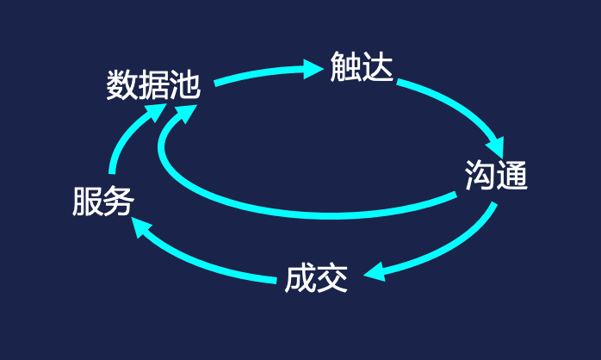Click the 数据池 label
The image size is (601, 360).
coord(153,85)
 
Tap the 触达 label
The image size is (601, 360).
coord(362,68)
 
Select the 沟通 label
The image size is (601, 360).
coord(495,176)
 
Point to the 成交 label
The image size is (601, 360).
coord(316,278)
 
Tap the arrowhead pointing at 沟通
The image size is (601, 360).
coord(497,146)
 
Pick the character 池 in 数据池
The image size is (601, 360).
coord(185,85)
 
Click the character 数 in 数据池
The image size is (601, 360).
coord(121,85)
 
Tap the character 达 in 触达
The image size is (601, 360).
coord(377,68)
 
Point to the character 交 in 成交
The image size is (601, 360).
coord(332,278)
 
